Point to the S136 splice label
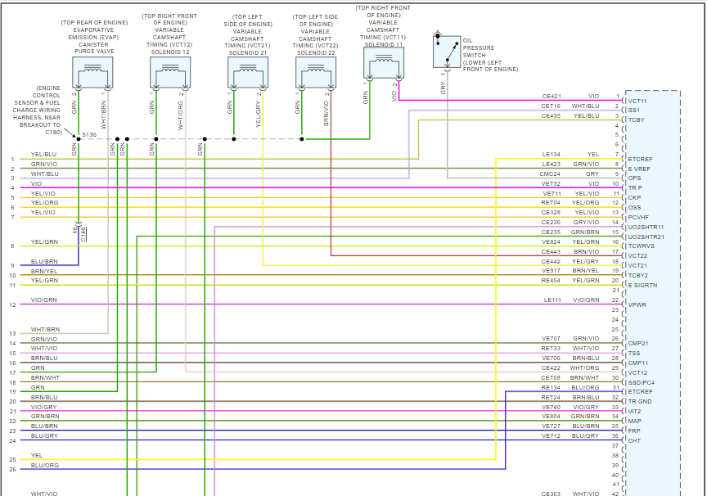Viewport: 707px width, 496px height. coord(89,134)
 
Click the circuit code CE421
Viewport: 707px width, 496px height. coord(551,96)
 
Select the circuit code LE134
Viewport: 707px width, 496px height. coord(551,154)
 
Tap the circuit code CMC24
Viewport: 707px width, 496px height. coord(551,174)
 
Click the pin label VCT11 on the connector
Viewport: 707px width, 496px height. coord(637,101)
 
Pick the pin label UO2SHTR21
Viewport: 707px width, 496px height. coord(646,237)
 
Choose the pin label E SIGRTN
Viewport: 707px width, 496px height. coord(642,285)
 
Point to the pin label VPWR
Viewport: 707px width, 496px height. coord(637,304)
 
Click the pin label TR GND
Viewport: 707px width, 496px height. coord(639,401)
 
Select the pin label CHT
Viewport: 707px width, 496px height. coord(634,440)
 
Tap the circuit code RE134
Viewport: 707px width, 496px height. coord(551,387)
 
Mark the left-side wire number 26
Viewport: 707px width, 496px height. coord(12,469)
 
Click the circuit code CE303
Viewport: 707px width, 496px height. coord(551,494)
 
